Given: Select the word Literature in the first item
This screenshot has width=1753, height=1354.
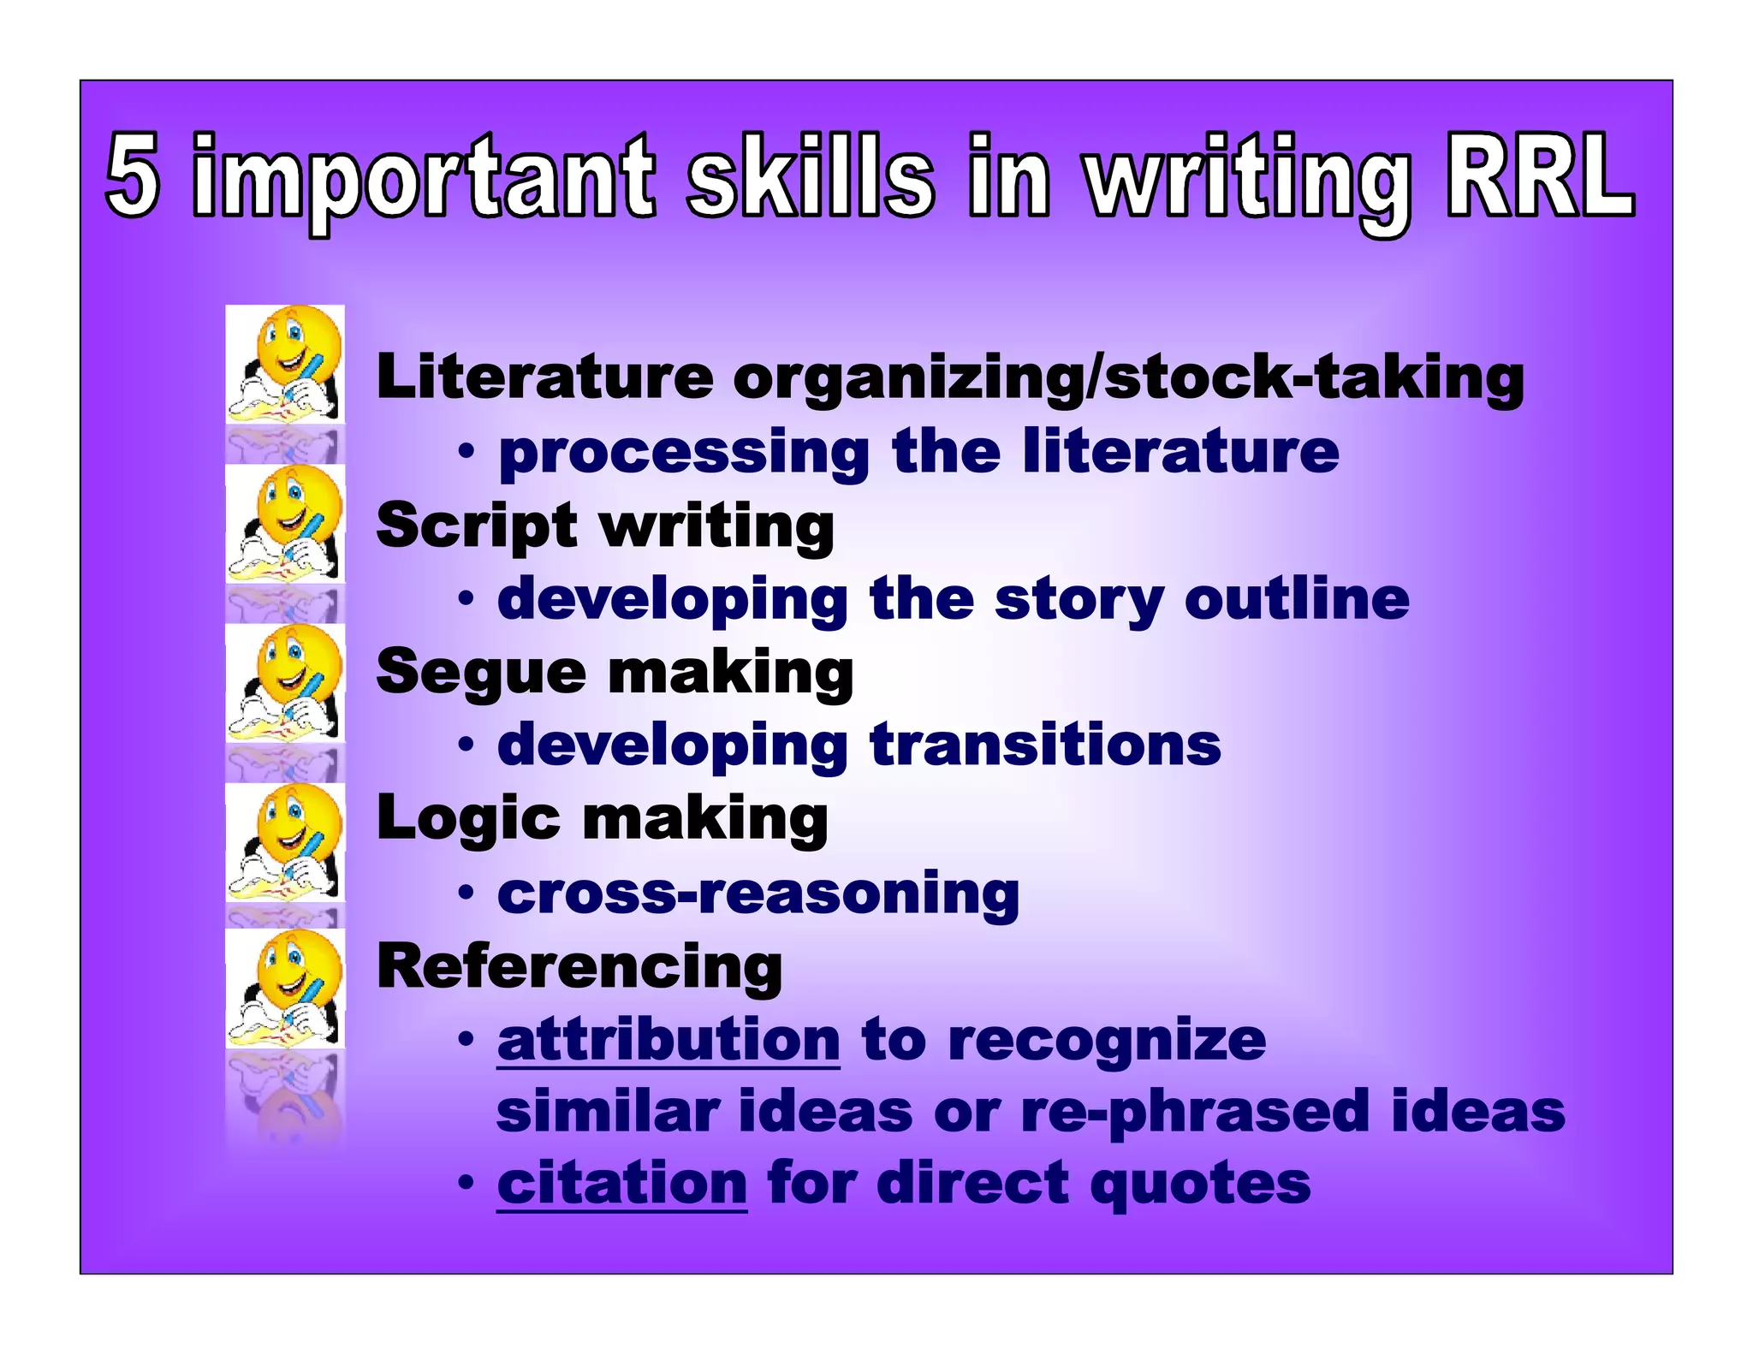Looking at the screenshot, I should [545, 377].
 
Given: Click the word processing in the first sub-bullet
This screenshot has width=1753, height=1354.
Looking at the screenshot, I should [684, 453].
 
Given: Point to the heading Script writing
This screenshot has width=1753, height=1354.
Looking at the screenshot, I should [605, 525].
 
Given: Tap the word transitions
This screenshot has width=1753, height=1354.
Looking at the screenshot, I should [1045, 744].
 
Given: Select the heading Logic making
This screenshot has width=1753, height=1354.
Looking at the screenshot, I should [602, 818].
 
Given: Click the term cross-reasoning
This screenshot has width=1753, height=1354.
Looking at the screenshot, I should [758, 893].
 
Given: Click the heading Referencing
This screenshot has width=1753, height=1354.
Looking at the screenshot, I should [579, 966].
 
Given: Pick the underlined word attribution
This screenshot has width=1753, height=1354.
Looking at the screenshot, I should [669, 1040].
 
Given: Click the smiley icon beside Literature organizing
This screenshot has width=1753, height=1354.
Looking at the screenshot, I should [286, 364].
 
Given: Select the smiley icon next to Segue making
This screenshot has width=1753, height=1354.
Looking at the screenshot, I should [286, 682].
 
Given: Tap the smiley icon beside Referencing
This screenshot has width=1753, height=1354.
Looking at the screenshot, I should [286, 989].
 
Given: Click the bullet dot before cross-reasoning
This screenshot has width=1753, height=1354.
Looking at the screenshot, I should [465, 893].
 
